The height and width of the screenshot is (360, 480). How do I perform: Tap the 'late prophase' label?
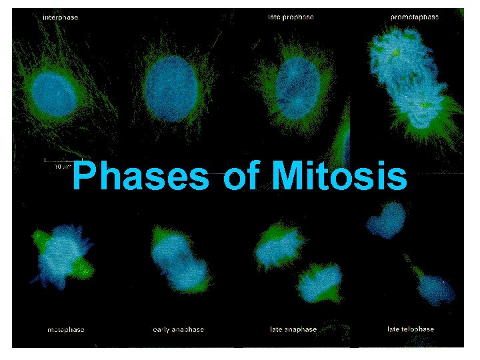coord(286,17)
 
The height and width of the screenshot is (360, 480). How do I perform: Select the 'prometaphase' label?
coord(414,17)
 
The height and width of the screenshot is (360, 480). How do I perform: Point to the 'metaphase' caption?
coord(66,329)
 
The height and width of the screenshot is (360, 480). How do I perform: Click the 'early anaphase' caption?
coord(178,329)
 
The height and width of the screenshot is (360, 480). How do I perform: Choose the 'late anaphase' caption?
coord(293,329)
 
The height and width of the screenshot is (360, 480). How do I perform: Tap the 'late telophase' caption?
coord(411,329)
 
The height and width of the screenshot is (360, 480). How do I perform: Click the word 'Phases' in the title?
coord(140,177)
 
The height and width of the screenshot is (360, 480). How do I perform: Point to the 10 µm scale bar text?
coord(63,165)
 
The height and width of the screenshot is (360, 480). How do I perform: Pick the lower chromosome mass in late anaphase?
coord(321,283)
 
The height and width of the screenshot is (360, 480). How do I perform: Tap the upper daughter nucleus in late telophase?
coord(387,220)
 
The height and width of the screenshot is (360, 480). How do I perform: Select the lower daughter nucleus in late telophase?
coord(433,287)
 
